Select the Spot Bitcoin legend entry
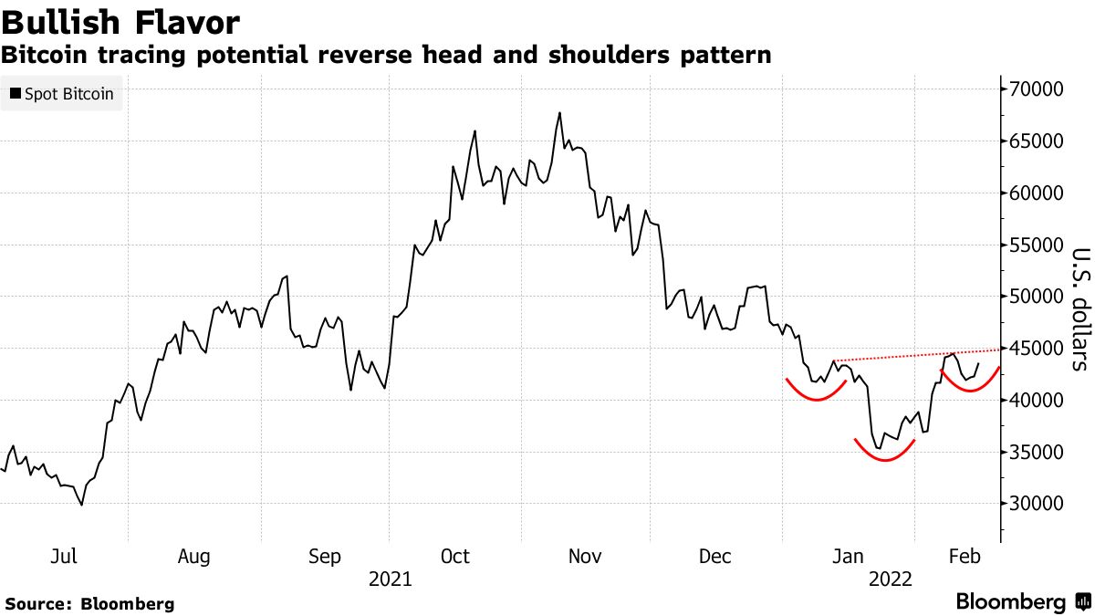coord(61,93)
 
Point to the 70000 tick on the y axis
coord(1036,89)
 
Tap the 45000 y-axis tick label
coord(1036,349)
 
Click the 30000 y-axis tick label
coord(1036,504)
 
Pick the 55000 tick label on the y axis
coord(1036,245)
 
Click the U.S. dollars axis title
coord(1079,309)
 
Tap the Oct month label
coord(454,557)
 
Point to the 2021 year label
coord(390,579)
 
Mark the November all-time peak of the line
coord(559,113)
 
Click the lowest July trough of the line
coord(82,505)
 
